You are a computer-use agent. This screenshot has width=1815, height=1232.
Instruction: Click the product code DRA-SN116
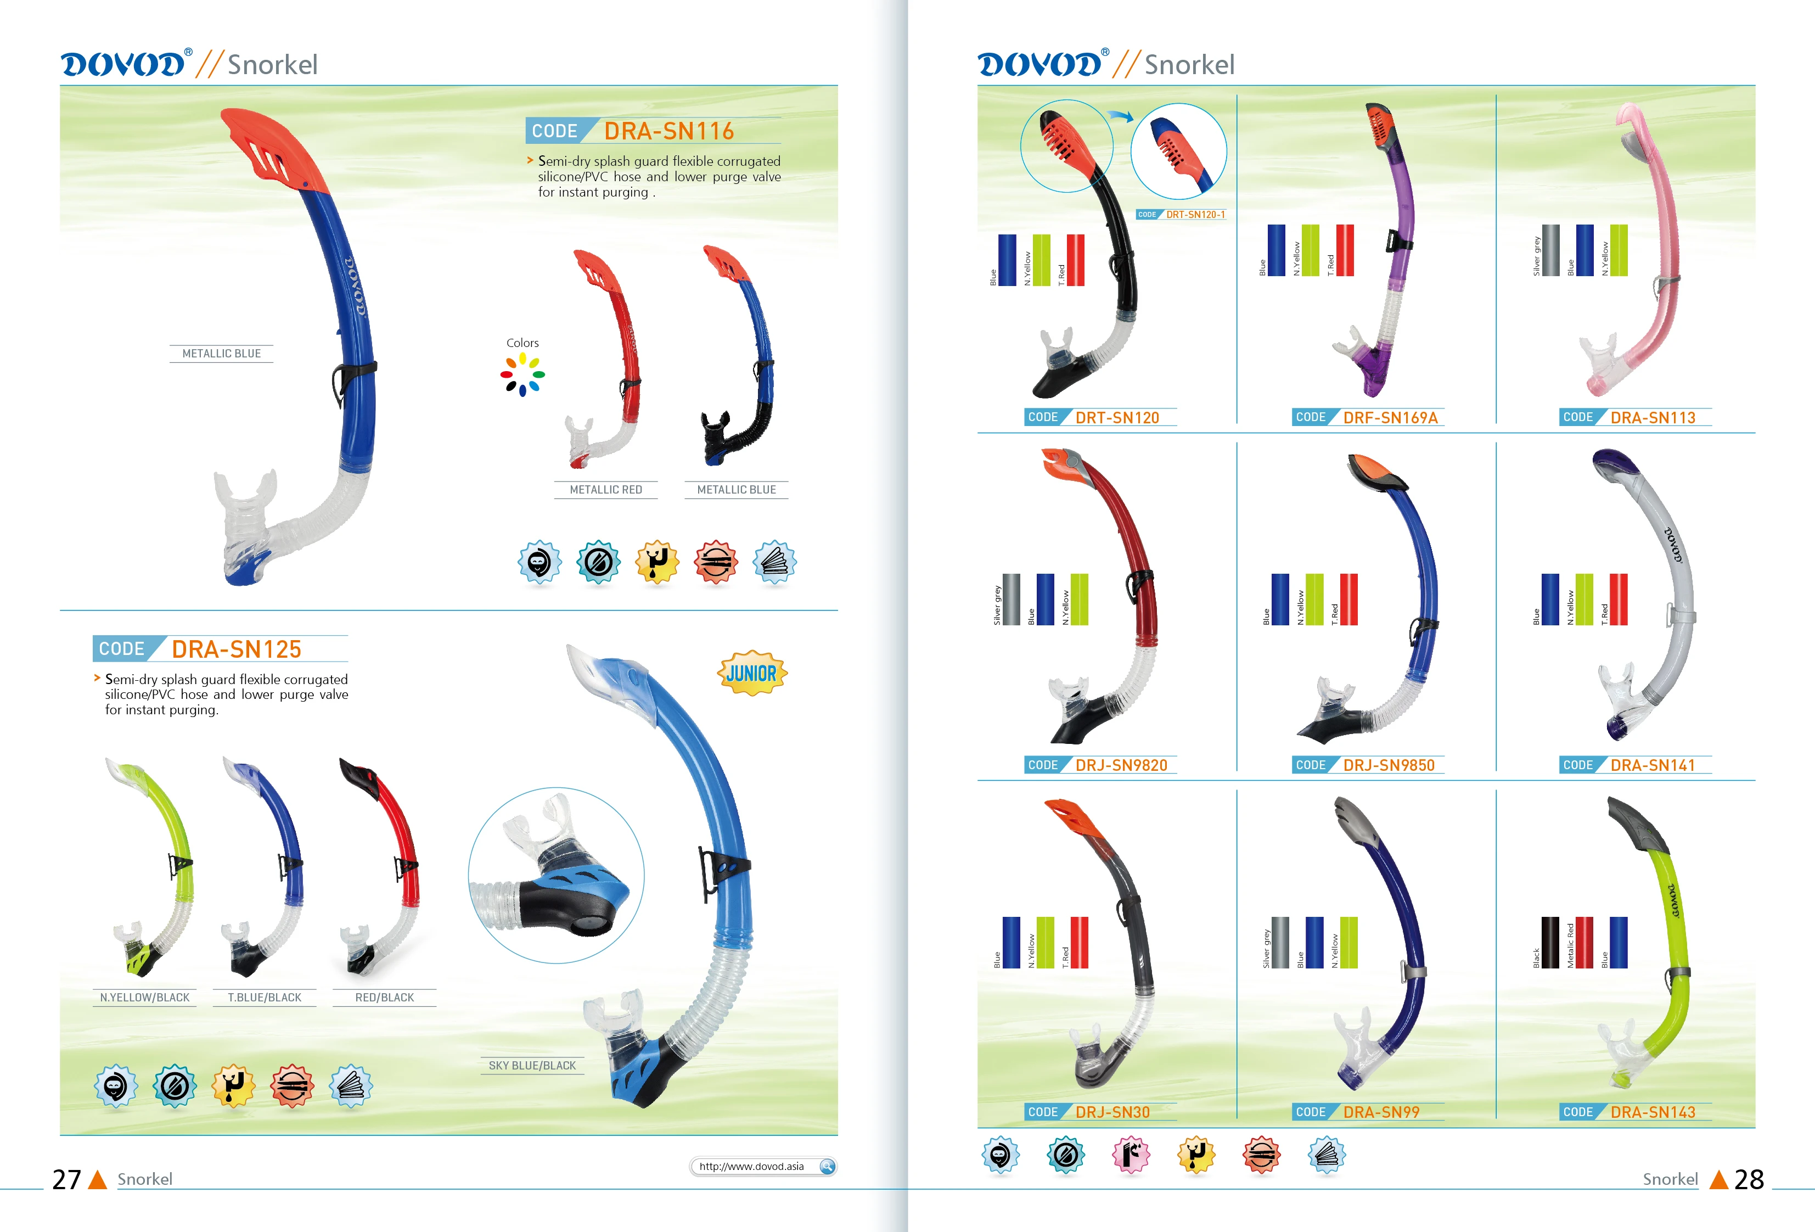coord(668,131)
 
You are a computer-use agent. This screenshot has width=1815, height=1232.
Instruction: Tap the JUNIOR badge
coord(751,673)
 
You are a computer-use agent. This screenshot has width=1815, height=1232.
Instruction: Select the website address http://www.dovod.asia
coord(751,1166)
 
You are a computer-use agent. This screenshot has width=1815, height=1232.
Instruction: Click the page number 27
coord(66,1179)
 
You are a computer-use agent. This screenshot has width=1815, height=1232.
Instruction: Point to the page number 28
coord(1749,1179)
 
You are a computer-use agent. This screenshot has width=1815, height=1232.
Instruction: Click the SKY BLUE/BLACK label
coord(532,1066)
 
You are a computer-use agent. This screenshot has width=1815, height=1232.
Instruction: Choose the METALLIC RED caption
coord(605,490)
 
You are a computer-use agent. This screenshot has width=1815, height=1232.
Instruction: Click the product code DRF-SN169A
coord(1390,418)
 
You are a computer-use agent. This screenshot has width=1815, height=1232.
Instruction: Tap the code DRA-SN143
coord(1653,1112)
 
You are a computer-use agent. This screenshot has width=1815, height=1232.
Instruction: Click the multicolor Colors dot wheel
coord(522,374)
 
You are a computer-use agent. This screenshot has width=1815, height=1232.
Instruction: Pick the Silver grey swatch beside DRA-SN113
coord(1551,250)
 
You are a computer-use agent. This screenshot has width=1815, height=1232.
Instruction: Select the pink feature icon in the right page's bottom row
coord(1131,1155)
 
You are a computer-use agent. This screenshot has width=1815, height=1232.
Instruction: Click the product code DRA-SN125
coord(236,649)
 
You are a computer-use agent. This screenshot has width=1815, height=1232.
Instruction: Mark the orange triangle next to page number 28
coord(1718,1180)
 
